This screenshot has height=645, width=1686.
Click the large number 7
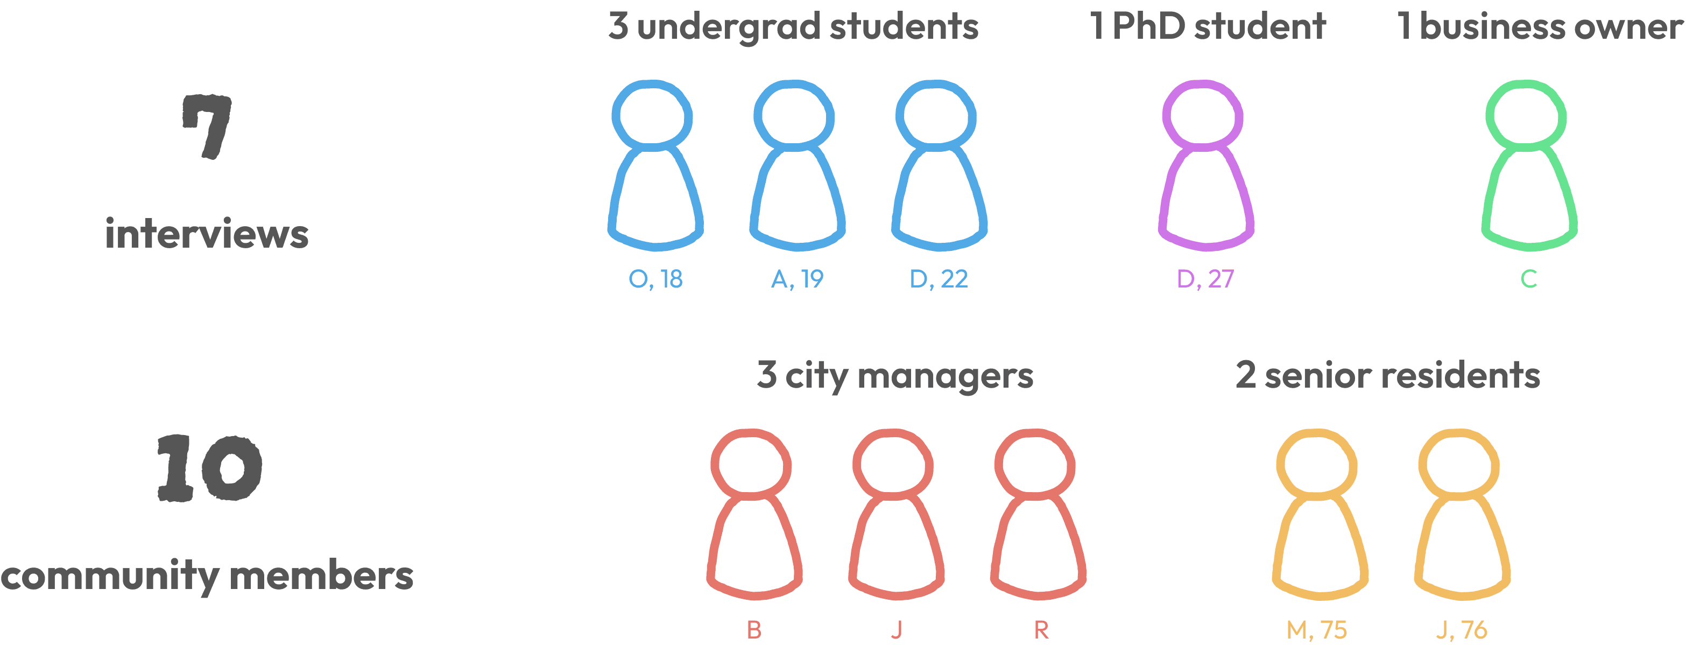click(x=207, y=127)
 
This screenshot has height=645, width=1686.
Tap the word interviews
click(x=207, y=234)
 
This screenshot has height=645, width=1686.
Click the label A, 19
click(x=796, y=279)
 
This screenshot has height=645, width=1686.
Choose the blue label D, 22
click(x=939, y=279)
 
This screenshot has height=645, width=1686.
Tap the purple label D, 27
click(x=1205, y=279)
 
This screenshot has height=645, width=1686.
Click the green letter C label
click(x=1529, y=279)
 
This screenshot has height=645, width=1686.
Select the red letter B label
click(x=754, y=630)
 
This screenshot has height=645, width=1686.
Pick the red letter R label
click(x=1041, y=630)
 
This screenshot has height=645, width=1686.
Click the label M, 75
click(x=1316, y=630)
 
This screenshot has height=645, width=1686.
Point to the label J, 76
click(x=1462, y=630)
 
